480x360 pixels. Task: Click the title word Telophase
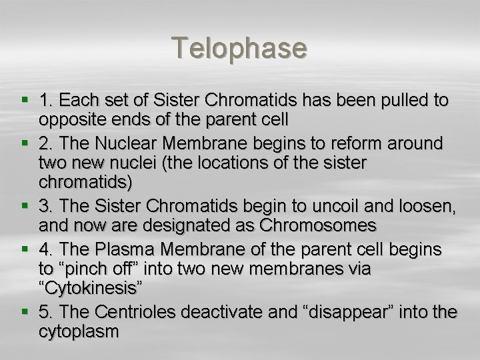[x=240, y=48]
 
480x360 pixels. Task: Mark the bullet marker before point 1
[x=24, y=101]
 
